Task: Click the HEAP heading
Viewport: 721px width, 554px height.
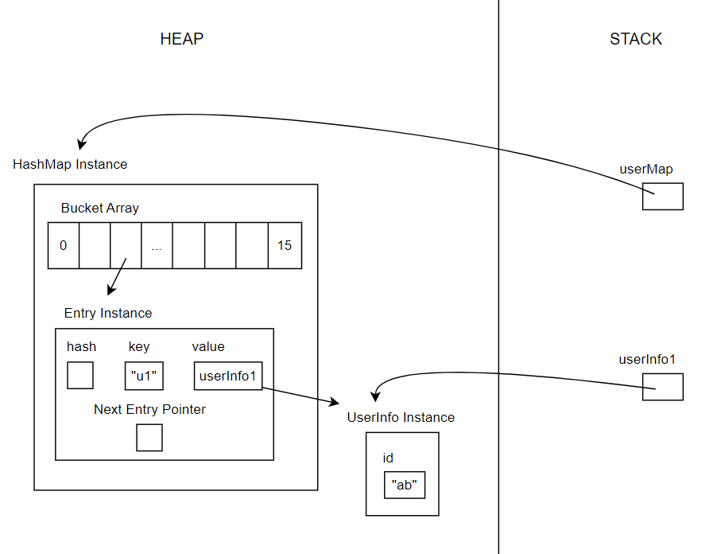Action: [x=182, y=39]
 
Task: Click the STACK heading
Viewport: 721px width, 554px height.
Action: [x=635, y=39]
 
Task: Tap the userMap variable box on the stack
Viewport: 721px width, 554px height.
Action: [x=662, y=196]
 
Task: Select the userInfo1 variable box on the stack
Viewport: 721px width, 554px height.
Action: [x=662, y=387]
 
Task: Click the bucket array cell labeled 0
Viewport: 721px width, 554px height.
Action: [x=63, y=245]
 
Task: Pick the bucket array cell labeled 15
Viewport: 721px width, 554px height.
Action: [x=285, y=245]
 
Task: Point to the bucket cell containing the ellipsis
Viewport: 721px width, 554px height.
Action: [x=157, y=245]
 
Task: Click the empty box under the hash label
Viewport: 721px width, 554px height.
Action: [x=80, y=376]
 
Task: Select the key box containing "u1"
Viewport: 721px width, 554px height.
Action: [x=144, y=376]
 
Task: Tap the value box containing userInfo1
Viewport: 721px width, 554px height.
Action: [x=227, y=376]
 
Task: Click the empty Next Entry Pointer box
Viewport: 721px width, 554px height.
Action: [x=149, y=437]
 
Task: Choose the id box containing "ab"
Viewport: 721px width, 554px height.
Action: [x=404, y=485]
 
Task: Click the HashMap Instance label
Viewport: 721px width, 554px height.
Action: [x=70, y=164]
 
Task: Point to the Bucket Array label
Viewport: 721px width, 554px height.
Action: [x=100, y=208]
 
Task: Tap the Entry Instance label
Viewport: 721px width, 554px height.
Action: [x=108, y=313]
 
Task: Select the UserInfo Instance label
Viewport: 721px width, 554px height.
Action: [x=401, y=417]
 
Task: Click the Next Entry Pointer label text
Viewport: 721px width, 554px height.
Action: [x=149, y=409]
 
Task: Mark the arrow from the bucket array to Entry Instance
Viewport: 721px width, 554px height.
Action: [x=117, y=275]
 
